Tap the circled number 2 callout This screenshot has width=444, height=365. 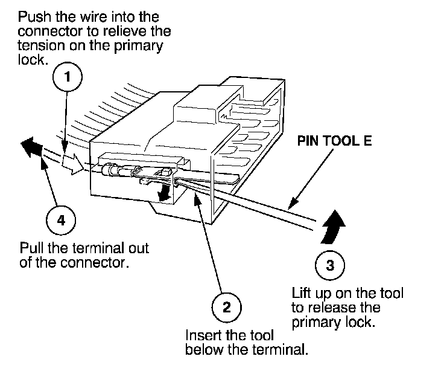[x=227, y=307]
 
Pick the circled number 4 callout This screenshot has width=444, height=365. [x=60, y=220]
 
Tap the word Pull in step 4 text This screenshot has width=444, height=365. [x=31, y=248]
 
